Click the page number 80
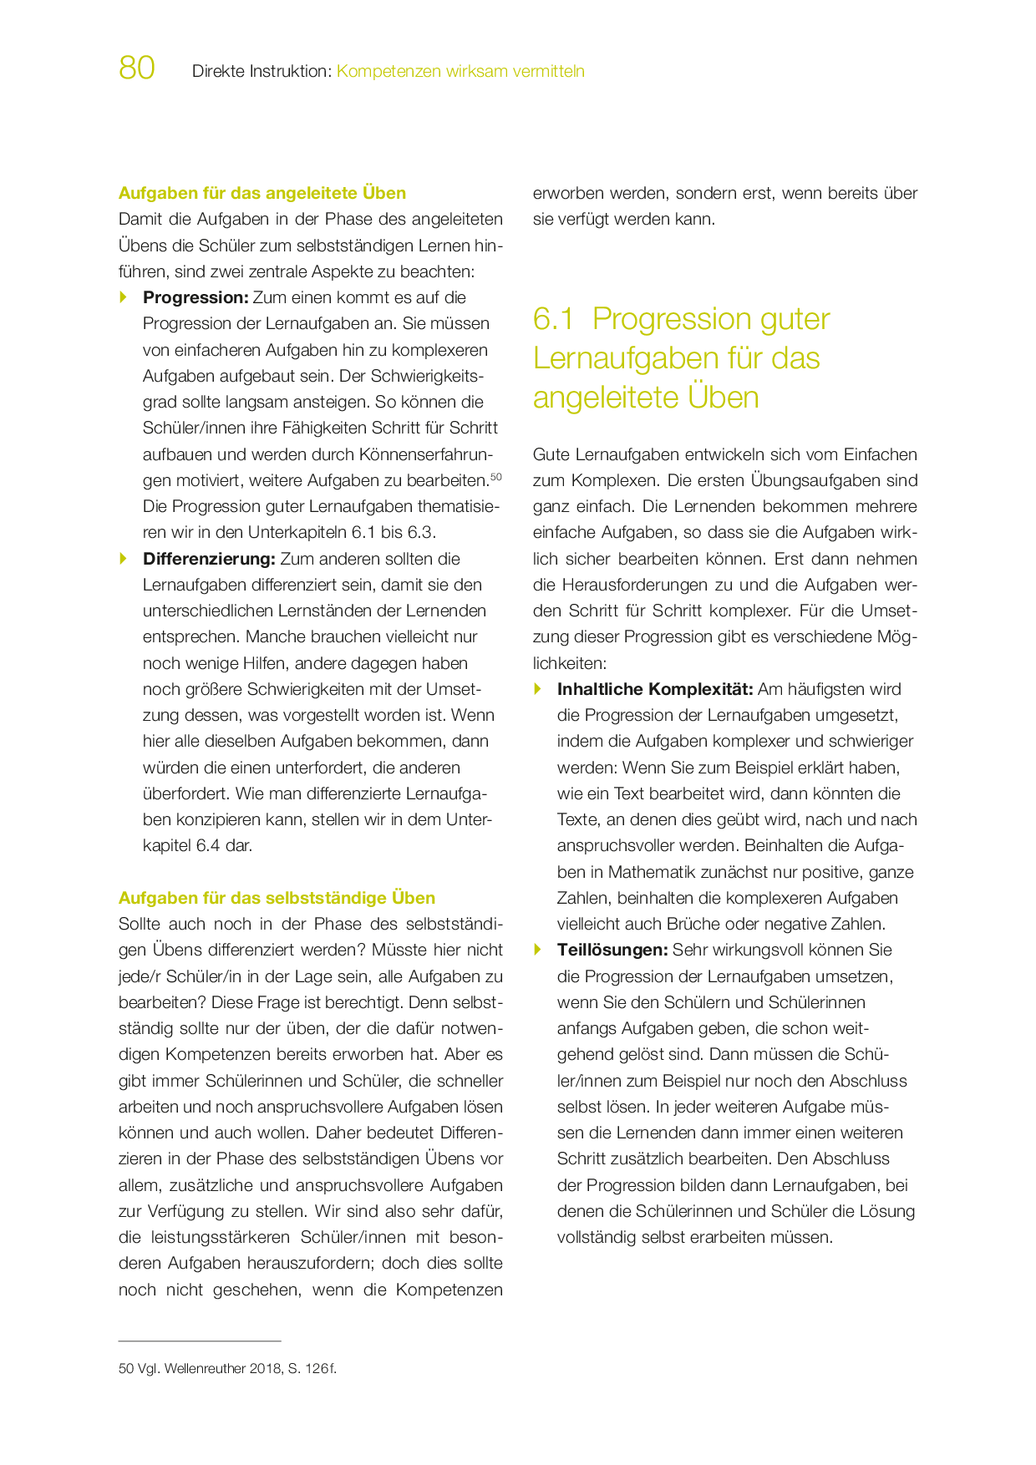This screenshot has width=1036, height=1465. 137,68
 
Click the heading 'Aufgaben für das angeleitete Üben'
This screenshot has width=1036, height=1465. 262,193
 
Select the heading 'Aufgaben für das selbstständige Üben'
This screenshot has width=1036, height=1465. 277,898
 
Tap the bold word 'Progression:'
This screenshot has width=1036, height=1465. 196,297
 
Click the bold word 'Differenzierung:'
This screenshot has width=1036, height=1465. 209,559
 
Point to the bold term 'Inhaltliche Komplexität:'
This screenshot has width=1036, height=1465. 655,689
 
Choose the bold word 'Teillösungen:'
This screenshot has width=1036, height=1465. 612,950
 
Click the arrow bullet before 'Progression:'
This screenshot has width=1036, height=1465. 124,297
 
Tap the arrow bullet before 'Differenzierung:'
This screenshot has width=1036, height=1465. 124,558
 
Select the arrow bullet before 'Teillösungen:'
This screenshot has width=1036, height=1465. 538,949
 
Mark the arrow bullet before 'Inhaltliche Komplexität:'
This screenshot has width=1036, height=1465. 538,688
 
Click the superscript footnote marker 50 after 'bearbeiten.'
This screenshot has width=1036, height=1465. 495,477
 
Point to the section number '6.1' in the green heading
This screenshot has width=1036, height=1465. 554,319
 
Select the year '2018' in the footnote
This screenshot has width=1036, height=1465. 267,1369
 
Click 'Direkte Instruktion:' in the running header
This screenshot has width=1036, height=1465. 262,72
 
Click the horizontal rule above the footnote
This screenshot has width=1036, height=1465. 200,1341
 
